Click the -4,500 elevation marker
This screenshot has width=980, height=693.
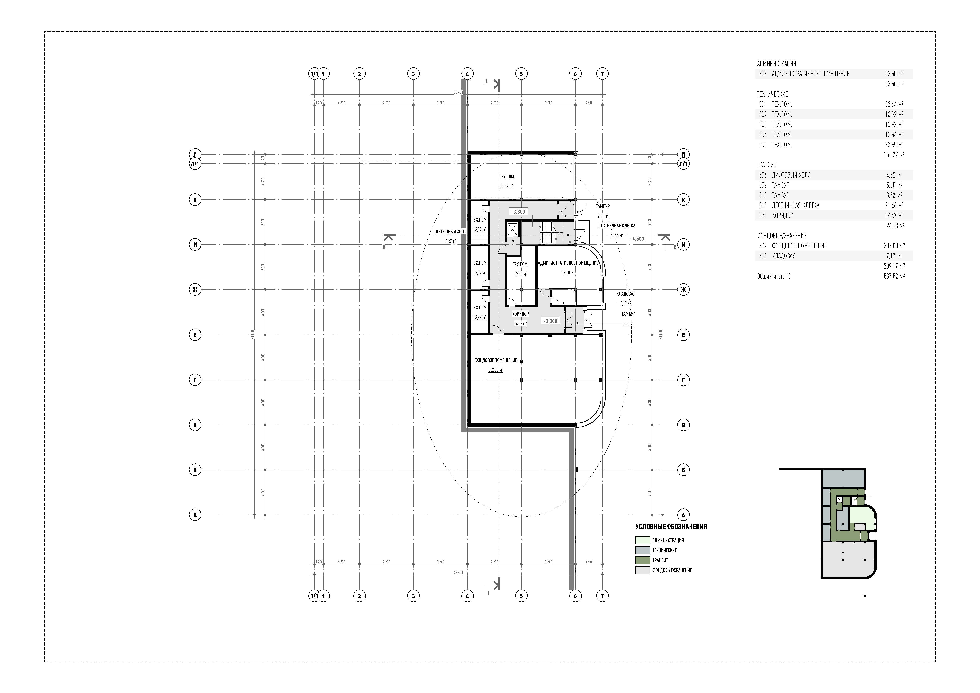click(637, 239)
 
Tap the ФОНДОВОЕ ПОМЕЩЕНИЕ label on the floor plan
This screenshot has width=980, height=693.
click(496, 360)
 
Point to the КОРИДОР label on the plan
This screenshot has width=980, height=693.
click(520, 314)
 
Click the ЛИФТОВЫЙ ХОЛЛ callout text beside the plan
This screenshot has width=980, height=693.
click(451, 231)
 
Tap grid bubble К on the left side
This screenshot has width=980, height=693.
click(195, 199)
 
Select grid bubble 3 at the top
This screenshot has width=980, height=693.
click(413, 74)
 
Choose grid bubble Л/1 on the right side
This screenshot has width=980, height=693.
click(683, 164)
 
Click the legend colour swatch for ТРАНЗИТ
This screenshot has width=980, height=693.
click(642, 560)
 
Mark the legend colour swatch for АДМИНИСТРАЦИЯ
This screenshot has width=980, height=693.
click(642, 540)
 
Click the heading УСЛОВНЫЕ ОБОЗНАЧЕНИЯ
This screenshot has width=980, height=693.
click(671, 527)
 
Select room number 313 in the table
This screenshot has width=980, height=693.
click(763, 205)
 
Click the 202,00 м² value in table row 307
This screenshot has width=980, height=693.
click(894, 246)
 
